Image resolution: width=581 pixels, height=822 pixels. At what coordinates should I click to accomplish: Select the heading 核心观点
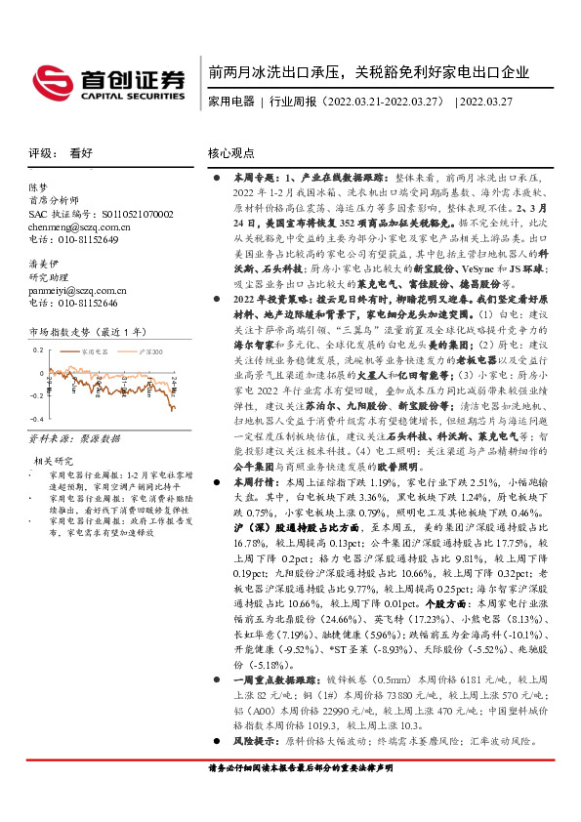[x=231, y=153]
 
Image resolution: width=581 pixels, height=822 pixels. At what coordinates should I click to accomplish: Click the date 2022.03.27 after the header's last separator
[x=496, y=101]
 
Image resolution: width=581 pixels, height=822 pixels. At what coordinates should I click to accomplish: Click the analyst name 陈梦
[x=37, y=186]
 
